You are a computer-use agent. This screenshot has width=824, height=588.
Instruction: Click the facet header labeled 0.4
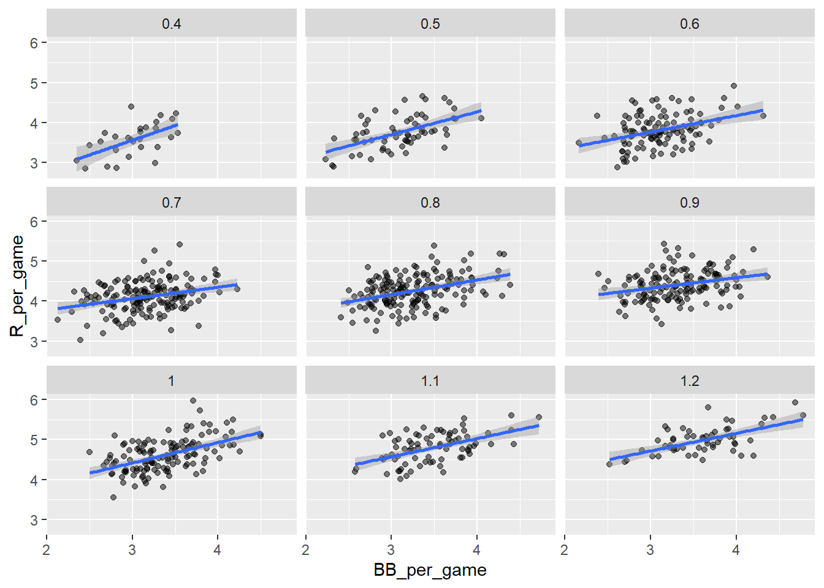[172, 24]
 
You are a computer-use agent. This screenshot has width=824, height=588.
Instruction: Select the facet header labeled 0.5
[430, 24]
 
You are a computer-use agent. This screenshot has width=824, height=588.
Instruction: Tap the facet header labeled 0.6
[690, 24]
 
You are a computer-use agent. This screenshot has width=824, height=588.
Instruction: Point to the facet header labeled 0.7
[172, 203]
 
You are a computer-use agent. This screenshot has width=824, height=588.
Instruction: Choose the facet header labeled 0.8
[430, 203]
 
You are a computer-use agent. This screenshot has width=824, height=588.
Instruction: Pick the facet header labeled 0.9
[690, 203]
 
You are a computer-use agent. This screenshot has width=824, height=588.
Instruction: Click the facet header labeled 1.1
[430, 381]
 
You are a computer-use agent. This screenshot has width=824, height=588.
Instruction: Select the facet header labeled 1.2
[690, 381]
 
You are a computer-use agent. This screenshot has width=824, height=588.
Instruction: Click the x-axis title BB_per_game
[430, 570]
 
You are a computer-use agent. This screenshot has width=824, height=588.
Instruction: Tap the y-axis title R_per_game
[17, 286]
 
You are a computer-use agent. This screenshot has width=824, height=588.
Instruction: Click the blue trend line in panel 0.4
[127, 142]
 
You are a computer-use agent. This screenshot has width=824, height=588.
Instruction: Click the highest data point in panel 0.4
[131, 107]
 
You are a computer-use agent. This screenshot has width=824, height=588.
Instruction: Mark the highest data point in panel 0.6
[734, 86]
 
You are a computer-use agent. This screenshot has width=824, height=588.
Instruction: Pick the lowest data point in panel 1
[113, 497]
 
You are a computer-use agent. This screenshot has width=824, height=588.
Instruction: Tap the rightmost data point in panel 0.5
[481, 118]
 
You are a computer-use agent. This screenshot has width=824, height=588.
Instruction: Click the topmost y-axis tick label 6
[34, 43]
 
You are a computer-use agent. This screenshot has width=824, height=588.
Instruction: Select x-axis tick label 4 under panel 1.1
[477, 550]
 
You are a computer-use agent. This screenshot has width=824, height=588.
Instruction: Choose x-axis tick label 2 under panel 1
[47, 550]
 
